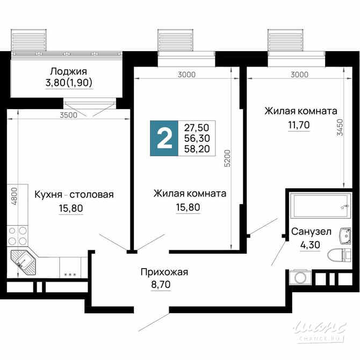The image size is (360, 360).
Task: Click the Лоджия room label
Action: [x=68, y=71]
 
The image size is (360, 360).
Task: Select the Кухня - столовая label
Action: [x=74, y=195]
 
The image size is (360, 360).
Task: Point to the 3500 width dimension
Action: [x=69, y=114]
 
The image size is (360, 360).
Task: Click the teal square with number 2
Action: [x=164, y=138]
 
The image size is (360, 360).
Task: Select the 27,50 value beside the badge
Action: [x=197, y=128]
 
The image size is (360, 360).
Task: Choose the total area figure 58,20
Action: [x=197, y=149]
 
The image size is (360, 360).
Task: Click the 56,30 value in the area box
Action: [x=197, y=138]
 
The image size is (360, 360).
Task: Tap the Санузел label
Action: [x=311, y=232]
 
